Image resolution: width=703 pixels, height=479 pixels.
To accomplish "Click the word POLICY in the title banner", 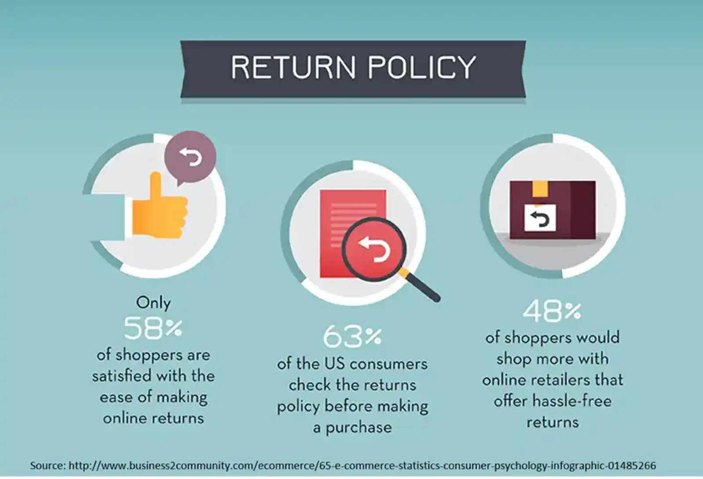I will (x=422, y=68).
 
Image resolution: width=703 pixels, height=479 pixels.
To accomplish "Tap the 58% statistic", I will (x=153, y=328).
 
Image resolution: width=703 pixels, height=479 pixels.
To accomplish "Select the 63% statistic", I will (x=352, y=337).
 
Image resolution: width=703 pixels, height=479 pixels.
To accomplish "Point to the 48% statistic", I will (x=552, y=311).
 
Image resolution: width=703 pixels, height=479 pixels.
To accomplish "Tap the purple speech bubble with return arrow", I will (x=190, y=157).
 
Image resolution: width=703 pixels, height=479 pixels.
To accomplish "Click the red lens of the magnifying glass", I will (x=374, y=249).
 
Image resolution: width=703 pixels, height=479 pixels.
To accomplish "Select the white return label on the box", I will (x=540, y=218).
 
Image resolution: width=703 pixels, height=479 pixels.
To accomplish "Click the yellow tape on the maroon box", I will (x=540, y=188).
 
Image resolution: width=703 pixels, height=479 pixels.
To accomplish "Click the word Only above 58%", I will (x=153, y=303).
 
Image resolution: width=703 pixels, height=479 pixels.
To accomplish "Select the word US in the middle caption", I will (x=335, y=364).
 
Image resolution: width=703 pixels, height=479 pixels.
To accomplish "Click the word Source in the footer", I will (x=47, y=465).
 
